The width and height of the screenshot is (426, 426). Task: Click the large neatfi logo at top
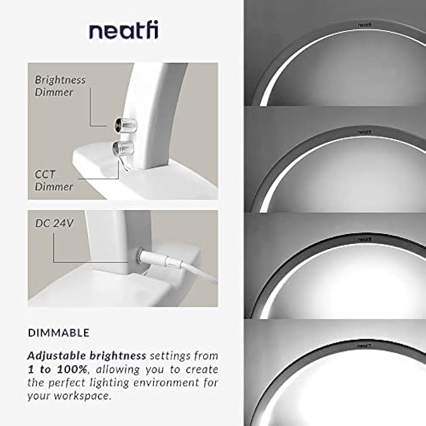124,31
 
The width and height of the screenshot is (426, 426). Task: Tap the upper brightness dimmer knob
125,125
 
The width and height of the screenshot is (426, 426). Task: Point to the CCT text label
45,174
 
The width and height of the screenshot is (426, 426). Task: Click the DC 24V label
55,223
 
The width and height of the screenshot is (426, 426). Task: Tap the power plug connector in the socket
160,259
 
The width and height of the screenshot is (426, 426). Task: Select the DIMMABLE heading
59,333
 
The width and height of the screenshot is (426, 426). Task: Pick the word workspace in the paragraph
83,396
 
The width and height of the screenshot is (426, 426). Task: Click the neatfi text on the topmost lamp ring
365,25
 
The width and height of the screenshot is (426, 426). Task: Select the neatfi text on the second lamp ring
365,132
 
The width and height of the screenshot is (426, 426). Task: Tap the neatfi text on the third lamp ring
364,240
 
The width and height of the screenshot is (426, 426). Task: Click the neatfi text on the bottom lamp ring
364,346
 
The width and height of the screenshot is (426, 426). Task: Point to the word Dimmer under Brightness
54,92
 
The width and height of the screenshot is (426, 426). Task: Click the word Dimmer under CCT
54,186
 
